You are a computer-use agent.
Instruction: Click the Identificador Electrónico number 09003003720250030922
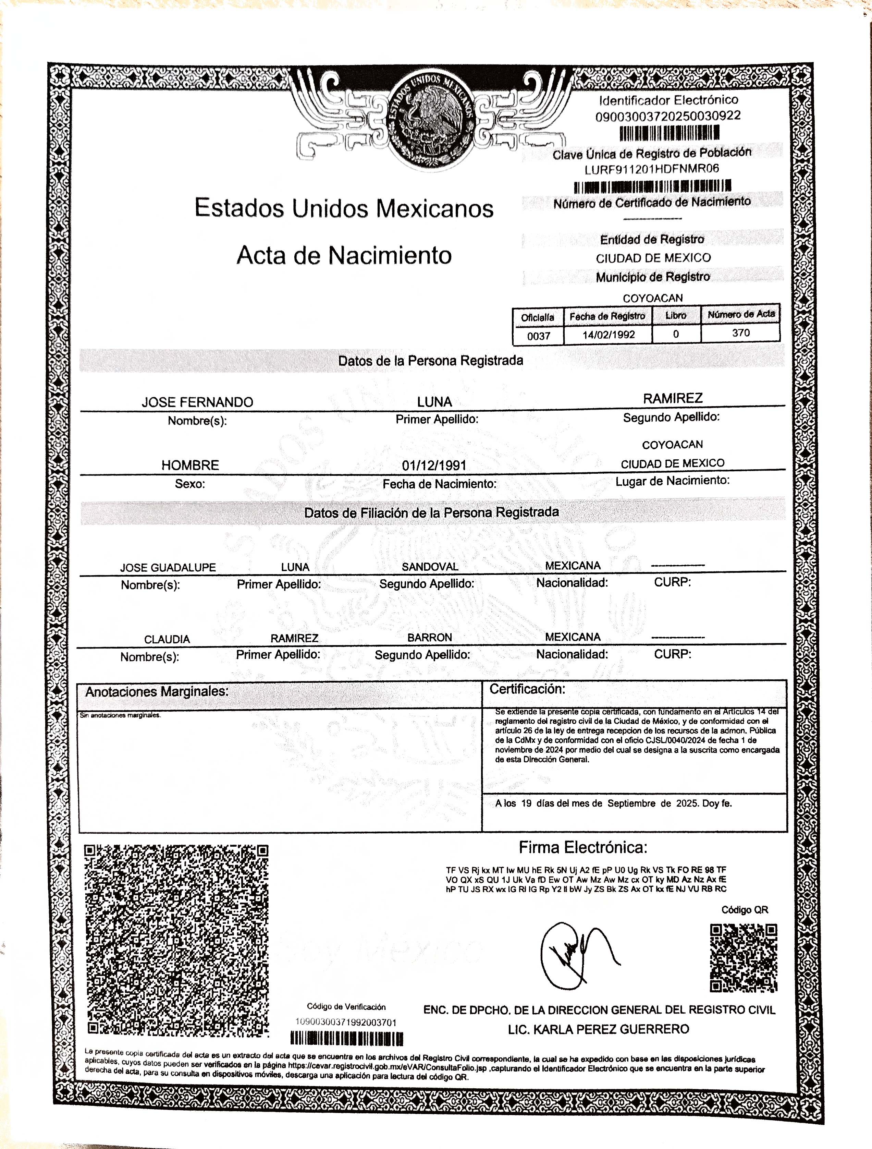(x=668, y=116)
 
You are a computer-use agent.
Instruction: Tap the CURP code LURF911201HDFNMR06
(x=652, y=169)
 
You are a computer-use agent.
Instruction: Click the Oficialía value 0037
(x=539, y=336)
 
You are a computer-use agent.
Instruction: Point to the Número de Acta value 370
(x=741, y=333)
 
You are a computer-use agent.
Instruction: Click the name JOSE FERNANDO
(x=197, y=402)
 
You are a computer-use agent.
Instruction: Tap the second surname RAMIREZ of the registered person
(x=673, y=398)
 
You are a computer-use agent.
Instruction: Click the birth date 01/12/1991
(x=434, y=465)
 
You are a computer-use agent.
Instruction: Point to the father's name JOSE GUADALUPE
(x=168, y=568)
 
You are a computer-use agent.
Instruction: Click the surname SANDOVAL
(x=430, y=567)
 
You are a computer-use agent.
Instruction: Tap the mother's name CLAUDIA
(x=167, y=639)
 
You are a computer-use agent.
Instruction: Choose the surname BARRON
(x=430, y=637)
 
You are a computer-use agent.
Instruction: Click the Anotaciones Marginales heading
(x=157, y=692)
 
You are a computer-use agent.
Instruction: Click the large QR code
(x=176, y=940)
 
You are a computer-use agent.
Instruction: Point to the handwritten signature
(x=577, y=955)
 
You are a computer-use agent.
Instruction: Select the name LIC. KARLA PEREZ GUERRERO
(x=598, y=1029)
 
